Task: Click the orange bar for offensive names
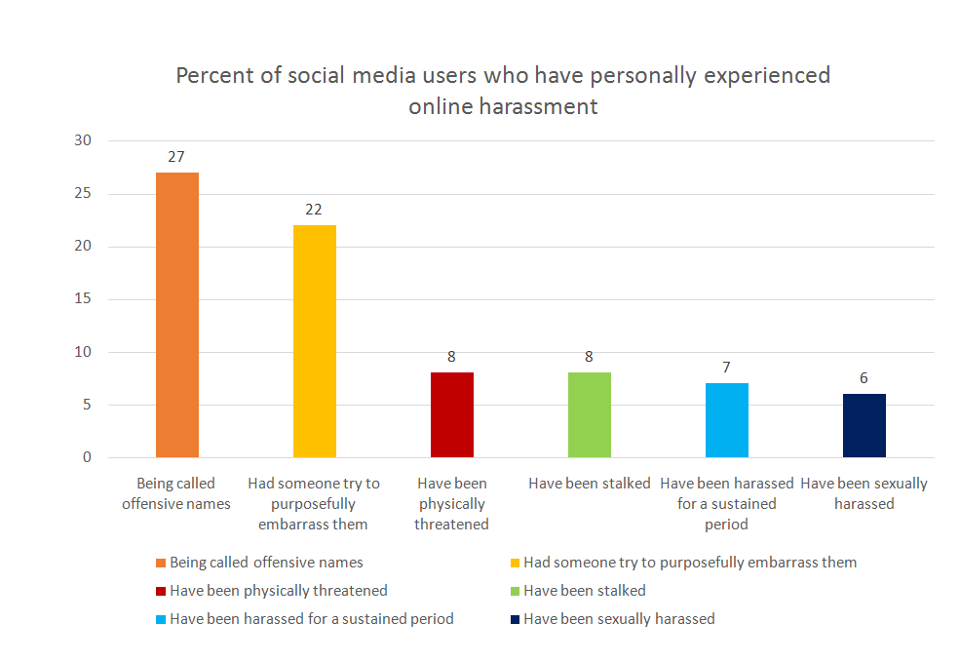(x=177, y=315)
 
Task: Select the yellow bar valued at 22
(x=315, y=341)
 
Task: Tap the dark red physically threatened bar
(x=452, y=415)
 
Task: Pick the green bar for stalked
(x=590, y=415)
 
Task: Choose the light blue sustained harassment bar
(x=727, y=420)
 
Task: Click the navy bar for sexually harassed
(x=864, y=426)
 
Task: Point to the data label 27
(x=176, y=156)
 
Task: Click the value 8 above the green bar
(x=590, y=356)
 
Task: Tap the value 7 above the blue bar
(x=727, y=367)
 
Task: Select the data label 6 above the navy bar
(x=864, y=377)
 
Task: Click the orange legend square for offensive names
(x=161, y=563)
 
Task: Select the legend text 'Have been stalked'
(x=585, y=590)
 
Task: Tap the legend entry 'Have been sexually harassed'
(x=619, y=618)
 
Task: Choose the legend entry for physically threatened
(x=278, y=590)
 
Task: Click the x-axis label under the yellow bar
(x=314, y=503)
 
